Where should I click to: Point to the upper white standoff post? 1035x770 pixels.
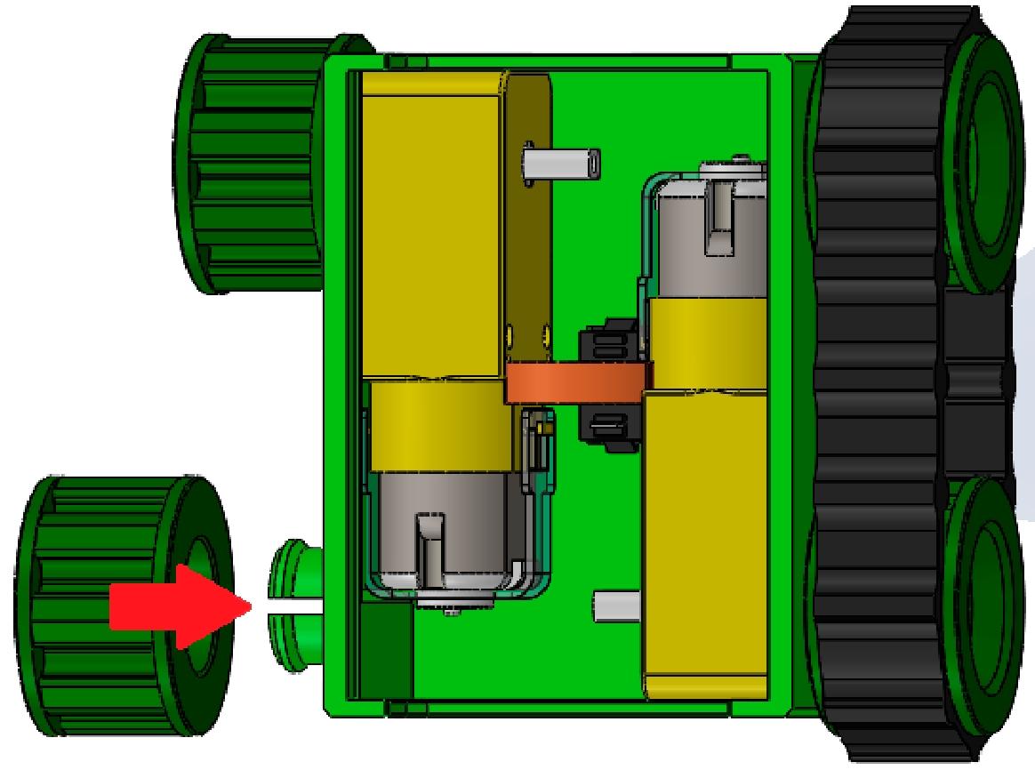pos(561,164)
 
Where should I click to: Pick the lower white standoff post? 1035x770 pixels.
pos(616,606)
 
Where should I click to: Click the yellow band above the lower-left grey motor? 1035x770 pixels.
pos(440,425)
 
